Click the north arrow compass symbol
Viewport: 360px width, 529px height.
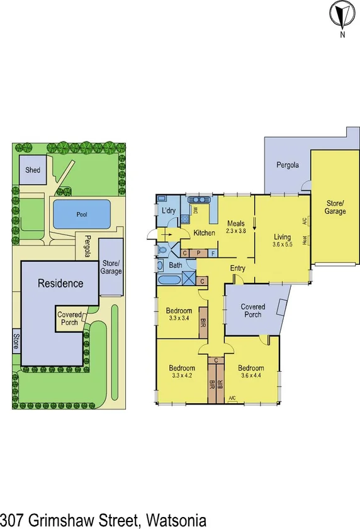[x=342, y=15]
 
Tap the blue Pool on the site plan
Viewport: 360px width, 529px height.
[x=82, y=214]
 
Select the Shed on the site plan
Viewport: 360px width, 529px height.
[x=33, y=170]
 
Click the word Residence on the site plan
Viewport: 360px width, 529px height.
[x=60, y=283]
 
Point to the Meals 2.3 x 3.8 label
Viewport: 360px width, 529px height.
[x=236, y=226]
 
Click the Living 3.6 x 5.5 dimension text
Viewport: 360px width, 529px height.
[x=282, y=245]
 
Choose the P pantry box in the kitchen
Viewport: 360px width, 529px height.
[x=198, y=253]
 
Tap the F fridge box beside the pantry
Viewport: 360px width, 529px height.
[x=213, y=253]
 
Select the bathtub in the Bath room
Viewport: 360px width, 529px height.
[x=169, y=281]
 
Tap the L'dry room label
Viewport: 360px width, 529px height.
[x=168, y=210]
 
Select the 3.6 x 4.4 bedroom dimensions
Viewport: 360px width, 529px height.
[x=250, y=376]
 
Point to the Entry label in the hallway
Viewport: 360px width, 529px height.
[x=237, y=269]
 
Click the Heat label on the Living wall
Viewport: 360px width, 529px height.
[x=305, y=240]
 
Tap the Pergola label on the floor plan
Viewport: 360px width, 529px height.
[x=287, y=165]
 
